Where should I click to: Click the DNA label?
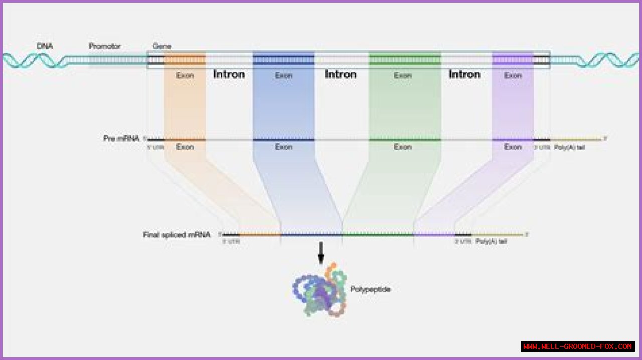pos(45,46)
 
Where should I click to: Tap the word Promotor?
pos(105,46)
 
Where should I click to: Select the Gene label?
pos(162,46)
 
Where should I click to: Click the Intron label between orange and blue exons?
pos(229,74)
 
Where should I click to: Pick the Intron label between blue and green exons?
pos(341,74)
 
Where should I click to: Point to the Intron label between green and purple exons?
pos(464,74)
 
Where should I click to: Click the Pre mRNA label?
pos(121,138)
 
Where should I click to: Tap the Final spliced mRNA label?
pos(177,234)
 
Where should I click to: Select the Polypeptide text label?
pos(370,289)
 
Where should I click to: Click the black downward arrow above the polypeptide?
pos(321,253)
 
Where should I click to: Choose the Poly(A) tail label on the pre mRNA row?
pos(569,147)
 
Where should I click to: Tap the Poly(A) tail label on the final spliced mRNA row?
pos(491,241)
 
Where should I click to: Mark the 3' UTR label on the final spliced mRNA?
pos(463,241)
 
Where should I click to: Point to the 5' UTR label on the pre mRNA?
pos(155,147)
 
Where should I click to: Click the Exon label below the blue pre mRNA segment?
pos(284,147)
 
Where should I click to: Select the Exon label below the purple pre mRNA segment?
pos(513,147)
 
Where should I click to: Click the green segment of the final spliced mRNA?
pos(378,234)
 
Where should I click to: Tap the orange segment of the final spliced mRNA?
pos(260,234)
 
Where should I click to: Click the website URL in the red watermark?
pos(578,346)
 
